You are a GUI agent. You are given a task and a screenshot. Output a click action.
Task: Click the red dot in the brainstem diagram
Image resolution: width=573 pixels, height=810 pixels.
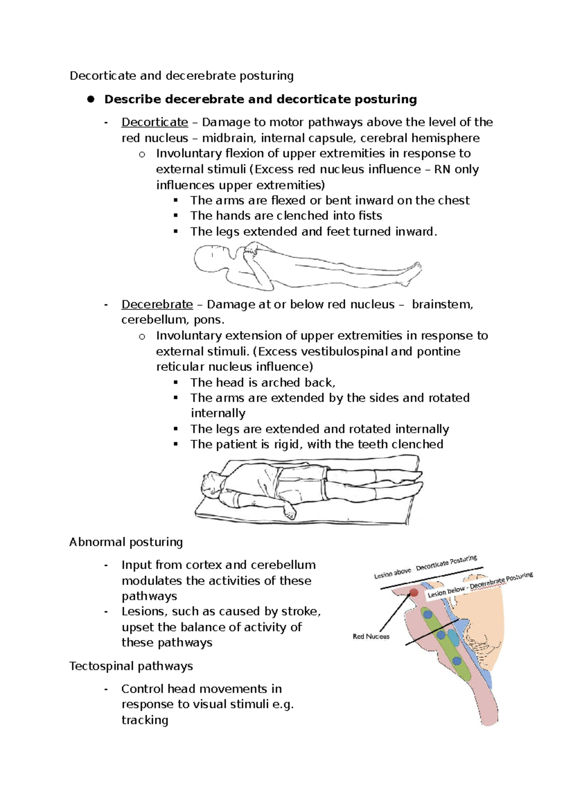click(x=414, y=593)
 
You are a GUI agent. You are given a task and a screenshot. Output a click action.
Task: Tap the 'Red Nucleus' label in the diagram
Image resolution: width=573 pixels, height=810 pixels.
click(x=371, y=636)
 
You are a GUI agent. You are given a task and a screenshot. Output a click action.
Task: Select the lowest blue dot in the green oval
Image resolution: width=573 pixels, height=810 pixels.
click(x=457, y=661)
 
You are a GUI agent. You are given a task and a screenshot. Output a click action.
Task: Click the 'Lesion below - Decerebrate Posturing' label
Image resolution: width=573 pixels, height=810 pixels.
click(x=480, y=585)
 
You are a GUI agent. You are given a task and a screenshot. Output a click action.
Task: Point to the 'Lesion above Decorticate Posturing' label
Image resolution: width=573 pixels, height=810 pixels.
click(x=425, y=567)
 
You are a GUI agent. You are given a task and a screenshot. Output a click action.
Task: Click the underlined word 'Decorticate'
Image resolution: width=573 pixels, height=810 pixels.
click(x=155, y=122)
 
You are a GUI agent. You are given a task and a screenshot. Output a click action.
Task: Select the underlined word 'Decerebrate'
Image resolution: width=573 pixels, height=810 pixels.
click(x=157, y=304)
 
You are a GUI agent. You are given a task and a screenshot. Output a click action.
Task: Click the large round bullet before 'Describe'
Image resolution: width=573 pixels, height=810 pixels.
click(x=91, y=99)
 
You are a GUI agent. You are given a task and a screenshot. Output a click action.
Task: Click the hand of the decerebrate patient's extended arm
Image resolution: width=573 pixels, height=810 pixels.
click(x=289, y=512)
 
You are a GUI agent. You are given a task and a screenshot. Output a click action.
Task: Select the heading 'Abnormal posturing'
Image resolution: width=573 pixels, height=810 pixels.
click(x=126, y=542)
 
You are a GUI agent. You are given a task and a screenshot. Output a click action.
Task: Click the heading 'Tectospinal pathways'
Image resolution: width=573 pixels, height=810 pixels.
click(x=131, y=666)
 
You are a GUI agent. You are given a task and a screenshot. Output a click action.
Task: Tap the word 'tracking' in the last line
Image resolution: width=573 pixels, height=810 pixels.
click(x=145, y=720)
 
